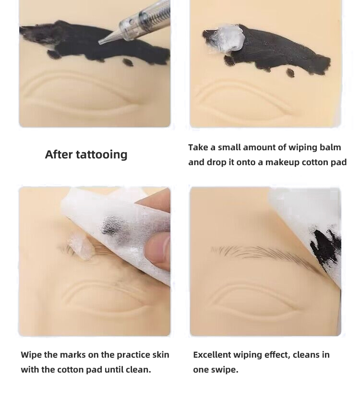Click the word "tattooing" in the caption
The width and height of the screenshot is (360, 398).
[101, 155]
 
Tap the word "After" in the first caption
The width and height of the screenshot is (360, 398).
[59, 154]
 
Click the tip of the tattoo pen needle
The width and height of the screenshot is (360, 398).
[99, 43]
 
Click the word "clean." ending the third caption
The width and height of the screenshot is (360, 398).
[138, 370]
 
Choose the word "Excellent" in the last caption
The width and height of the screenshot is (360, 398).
[212, 355]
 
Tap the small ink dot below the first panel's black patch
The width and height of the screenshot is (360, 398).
[127, 62]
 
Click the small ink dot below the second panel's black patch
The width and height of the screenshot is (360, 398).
[291, 72]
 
